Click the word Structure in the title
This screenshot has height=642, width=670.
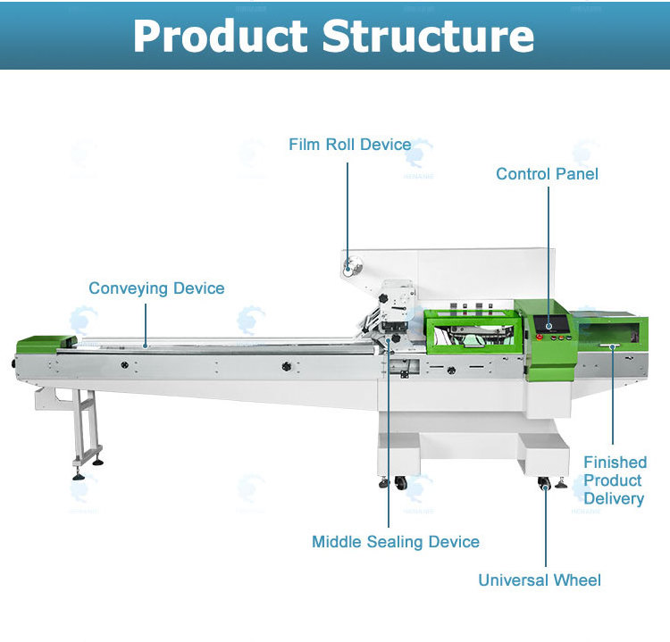428,36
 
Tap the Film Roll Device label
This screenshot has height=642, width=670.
350,145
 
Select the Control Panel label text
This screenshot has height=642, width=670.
547,173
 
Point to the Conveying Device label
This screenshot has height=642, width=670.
156,288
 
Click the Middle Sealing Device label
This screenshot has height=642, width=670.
395,542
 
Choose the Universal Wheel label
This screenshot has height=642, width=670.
540,580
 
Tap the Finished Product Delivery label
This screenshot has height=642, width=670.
614,480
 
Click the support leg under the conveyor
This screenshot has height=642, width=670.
86,429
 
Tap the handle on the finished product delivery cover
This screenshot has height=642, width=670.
612,345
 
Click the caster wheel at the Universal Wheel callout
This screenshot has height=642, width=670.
544,484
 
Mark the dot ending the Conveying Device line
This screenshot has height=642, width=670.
146,343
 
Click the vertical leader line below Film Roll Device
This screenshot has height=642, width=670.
348,205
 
